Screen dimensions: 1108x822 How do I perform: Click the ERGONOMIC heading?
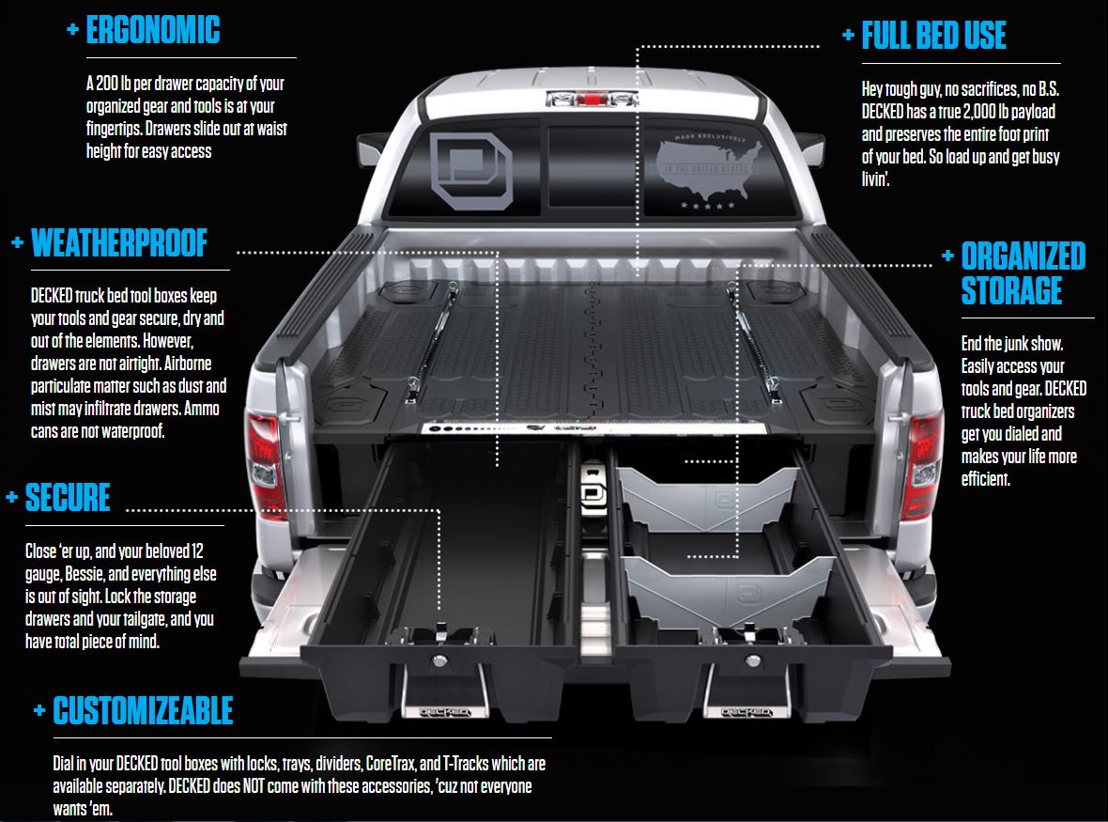click(153, 30)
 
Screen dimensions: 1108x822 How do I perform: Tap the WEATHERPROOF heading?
click(119, 243)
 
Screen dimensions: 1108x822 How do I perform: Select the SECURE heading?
click(68, 498)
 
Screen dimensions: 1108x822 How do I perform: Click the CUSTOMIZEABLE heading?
click(143, 711)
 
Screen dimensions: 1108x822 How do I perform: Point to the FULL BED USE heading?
click(933, 36)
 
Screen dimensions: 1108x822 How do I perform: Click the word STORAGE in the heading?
click(1011, 290)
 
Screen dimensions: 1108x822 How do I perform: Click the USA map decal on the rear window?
click(710, 170)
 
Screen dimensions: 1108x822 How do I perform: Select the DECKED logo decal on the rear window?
click(471, 171)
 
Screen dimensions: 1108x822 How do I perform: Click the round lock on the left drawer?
click(439, 660)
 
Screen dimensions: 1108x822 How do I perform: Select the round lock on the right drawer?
click(753, 661)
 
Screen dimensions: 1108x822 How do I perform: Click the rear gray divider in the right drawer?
click(708, 495)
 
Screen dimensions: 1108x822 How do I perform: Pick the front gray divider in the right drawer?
click(730, 590)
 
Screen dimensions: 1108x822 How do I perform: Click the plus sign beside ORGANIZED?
click(947, 256)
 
